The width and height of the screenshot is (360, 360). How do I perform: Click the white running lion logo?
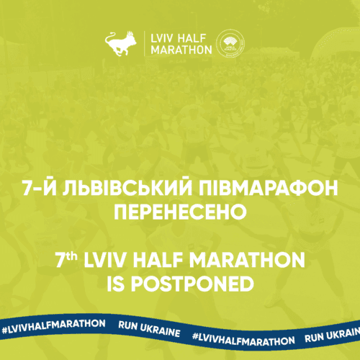pyautogui.click(x=121, y=43)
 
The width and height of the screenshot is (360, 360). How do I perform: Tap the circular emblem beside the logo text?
pyautogui.click(x=230, y=43)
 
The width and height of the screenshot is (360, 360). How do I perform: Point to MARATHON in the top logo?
pyautogui.click(x=181, y=50)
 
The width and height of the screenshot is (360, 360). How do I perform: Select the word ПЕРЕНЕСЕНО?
pyautogui.click(x=180, y=212)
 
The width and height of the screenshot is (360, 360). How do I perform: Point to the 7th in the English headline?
pyautogui.click(x=66, y=260)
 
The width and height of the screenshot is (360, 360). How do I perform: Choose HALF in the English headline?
pyautogui.click(x=158, y=260)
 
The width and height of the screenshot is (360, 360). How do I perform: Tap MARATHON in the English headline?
pyautogui.click(x=247, y=260)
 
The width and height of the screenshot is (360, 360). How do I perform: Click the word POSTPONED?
pyautogui.click(x=192, y=284)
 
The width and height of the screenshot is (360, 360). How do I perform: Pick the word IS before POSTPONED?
pyautogui.click(x=115, y=284)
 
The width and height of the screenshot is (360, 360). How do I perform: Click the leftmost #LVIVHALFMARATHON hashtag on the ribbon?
pyautogui.click(x=54, y=326)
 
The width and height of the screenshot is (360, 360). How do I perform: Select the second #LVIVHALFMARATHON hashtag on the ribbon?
pyautogui.click(x=243, y=338)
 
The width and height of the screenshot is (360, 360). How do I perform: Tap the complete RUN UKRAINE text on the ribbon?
pyautogui.click(x=149, y=329)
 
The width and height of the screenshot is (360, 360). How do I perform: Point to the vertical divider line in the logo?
pyautogui.click(x=144, y=43)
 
